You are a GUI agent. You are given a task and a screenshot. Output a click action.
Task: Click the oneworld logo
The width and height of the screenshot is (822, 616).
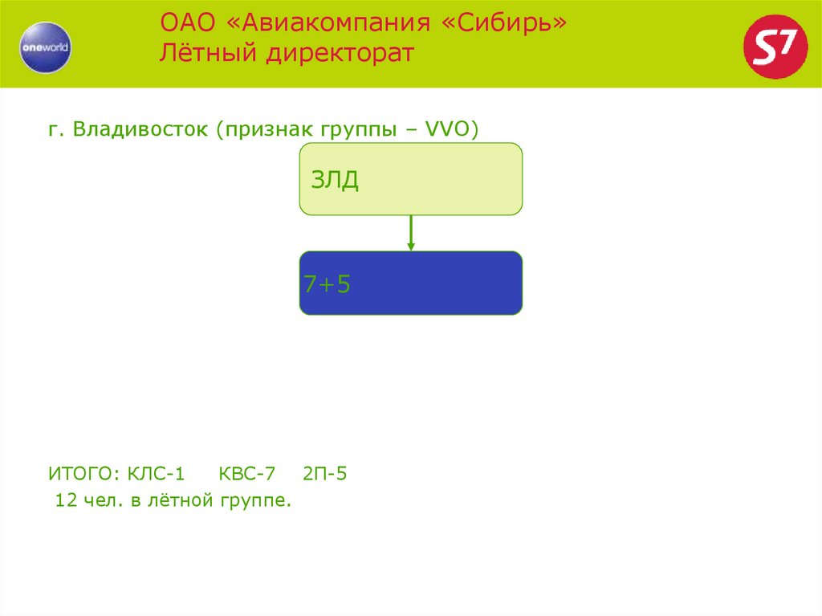coord(46,47)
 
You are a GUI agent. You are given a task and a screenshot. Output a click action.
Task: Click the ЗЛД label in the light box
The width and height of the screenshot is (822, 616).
coord(335,180)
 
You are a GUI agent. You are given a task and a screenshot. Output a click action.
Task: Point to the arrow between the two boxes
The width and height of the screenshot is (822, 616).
coord(411,233)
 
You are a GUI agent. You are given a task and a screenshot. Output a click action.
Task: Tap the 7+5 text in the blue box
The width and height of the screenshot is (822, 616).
coord(327,284)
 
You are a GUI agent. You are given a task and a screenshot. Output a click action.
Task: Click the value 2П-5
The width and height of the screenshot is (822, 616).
coord(325,474)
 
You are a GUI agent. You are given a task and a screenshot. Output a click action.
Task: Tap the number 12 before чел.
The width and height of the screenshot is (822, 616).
coord(66,501)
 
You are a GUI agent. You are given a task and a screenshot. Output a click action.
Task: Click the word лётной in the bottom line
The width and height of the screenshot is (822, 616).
coord(182,501)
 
